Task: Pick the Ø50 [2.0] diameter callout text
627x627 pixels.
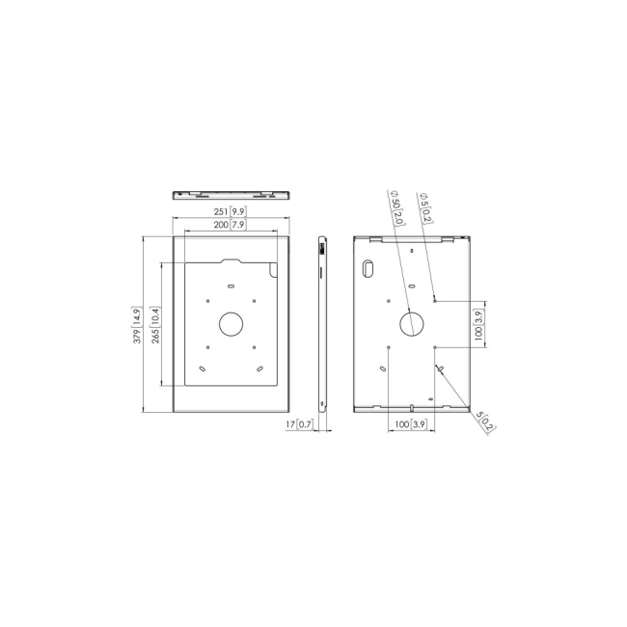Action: coord(396,204)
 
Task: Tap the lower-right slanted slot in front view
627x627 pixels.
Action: coord(259,368)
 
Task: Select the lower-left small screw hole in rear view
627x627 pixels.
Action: coord(387,346)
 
